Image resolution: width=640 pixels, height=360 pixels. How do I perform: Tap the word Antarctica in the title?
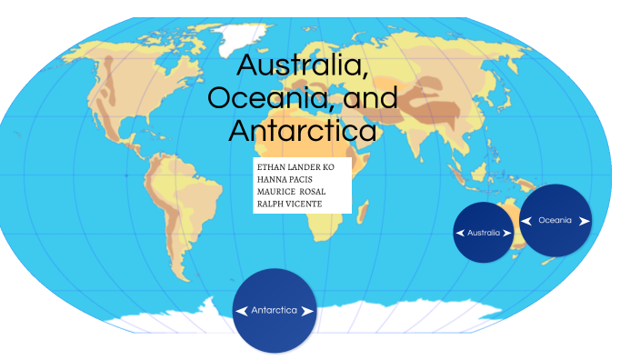(302, 130)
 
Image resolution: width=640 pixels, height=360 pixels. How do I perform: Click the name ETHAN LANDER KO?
(295, 168)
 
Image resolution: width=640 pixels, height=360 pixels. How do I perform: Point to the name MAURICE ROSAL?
(291, 192)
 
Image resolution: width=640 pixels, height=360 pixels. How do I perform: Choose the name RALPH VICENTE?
(289, 204)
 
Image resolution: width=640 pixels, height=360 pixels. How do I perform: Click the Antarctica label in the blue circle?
(275, 311)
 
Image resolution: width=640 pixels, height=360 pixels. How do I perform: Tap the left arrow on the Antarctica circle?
(242, 311)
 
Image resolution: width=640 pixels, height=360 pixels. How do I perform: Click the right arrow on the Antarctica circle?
(308, 311)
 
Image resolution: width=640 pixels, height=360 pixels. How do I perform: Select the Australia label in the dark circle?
(484, 233)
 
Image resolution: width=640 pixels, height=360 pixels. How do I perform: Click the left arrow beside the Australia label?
(461, 233)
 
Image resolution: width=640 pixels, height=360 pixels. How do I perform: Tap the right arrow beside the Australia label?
(507, 233)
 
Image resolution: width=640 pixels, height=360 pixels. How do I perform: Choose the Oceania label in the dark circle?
(555, 220)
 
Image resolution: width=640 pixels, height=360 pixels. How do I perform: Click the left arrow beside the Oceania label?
(526, 220)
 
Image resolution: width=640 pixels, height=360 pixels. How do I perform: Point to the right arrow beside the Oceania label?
(584, 220)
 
